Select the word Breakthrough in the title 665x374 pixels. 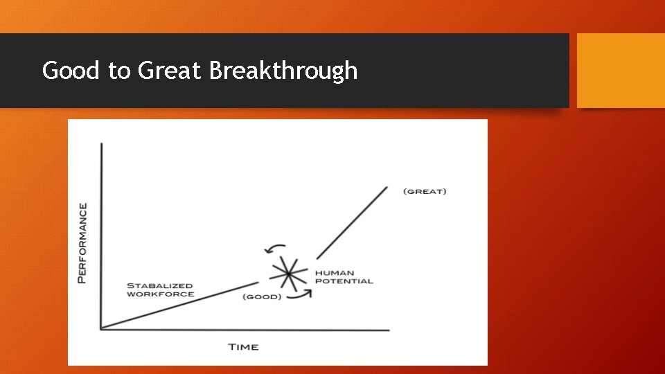click(x=283, y=71)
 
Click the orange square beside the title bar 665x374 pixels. click(x=621, y=71)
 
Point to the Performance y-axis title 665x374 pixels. click(x=83, y=242)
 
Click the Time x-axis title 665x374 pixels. click(x=243, y=346)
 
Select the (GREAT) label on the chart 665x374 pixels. click(x=425, y=191)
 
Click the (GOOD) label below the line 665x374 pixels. click(x=262, y=297)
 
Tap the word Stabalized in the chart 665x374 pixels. click(x=160, y=285)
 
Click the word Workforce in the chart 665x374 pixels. click(x=160, y=294)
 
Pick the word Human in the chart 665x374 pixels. click(x=334, y=273)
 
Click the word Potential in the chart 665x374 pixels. click(x=344, y=281)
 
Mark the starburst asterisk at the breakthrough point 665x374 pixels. click(x=287, y=274)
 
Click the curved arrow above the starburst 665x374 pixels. click(x=276, y=247)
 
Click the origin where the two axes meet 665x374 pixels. click(x=102, y=329)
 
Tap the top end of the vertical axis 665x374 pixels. click(x=102, y=144)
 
